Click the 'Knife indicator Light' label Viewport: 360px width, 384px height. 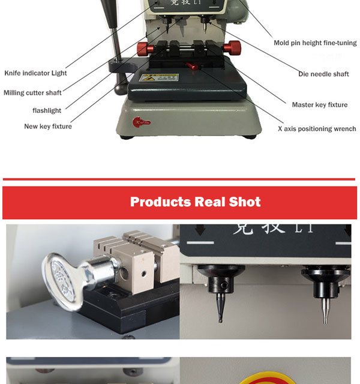tap(35, 73)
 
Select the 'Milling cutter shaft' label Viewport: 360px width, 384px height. tap(32, 93)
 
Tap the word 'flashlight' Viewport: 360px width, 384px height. tap(47, 110)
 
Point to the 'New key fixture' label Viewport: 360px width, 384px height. tap(48, 127)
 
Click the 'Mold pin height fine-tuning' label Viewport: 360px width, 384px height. tap(315, 43)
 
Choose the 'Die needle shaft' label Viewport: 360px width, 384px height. tap(323, 74)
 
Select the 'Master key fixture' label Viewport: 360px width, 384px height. tap(319, 105)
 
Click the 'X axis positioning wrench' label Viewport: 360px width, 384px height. tap(316, 129)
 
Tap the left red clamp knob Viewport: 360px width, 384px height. tap(143, 47)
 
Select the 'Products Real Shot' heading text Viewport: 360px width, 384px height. tap(195, 202)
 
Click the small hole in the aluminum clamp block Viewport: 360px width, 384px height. tap(145, 274)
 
